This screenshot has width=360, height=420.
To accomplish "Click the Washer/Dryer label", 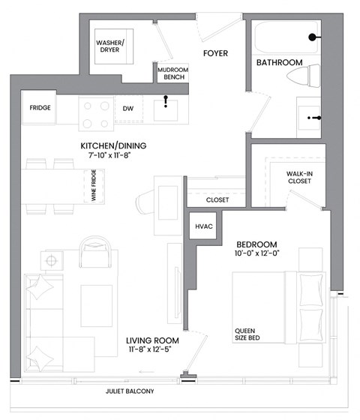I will click(111, 47).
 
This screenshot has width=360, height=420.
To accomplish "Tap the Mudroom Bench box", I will click(172, 73).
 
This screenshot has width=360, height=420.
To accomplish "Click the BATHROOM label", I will click(279, 62).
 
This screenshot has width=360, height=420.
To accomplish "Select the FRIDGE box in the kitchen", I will click(40, 108).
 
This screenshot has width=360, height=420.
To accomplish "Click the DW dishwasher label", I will click(128, 108).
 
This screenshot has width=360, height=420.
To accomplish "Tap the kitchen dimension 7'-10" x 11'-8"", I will click(113, 155).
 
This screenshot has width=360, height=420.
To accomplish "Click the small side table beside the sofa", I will click(53, 261).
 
